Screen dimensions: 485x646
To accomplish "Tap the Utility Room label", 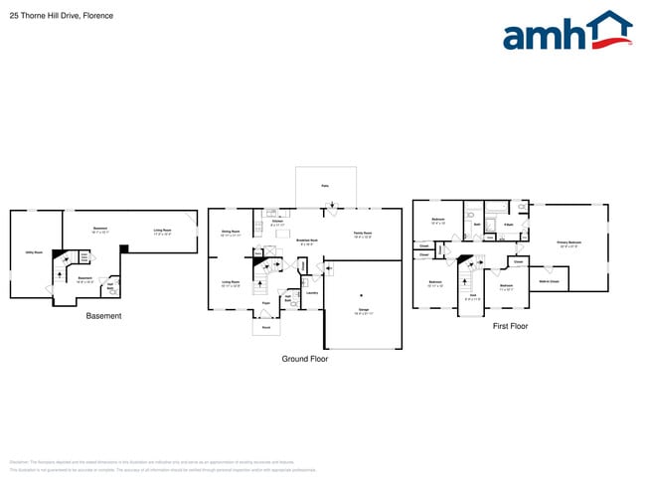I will coord(34,252).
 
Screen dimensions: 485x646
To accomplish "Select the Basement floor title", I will coord(103,316).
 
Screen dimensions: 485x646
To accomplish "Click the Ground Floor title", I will coord(304,359).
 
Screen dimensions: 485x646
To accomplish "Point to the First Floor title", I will coord(510,326).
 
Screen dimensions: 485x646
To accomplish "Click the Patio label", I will coord(325,185).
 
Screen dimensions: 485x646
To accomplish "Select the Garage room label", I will coord(363,310).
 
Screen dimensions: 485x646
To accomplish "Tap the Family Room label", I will coord(364,234).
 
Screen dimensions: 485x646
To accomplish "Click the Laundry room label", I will coord(311,292).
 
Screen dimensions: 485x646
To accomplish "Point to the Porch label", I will coord(265,327).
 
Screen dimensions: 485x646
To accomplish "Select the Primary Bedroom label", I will coord(568,242).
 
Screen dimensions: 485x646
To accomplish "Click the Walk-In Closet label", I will coord(549,281).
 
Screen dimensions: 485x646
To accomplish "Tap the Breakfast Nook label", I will coord(307,240).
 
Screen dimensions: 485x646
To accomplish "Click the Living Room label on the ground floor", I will coord(231,282).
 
